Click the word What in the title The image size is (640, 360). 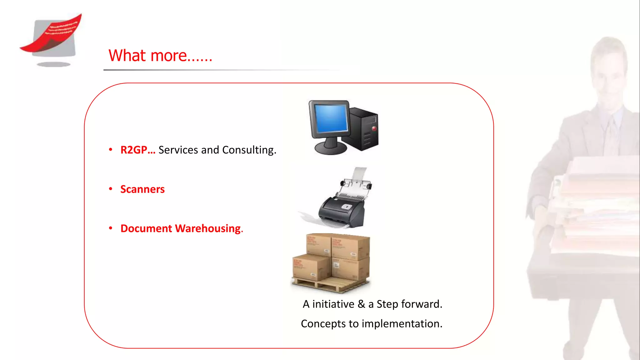click(x=127, y=56)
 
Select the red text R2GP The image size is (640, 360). click(x=134, y=150)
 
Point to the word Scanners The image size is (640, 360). click(x=142, y=189)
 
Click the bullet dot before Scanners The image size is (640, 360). click(x=111, y=189)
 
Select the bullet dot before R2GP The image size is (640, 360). click(x=111, y=150)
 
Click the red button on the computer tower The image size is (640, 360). click(x=374, y=128)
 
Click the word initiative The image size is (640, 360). click(x=333, y=304)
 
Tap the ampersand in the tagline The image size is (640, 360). click(x=361, y=304)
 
